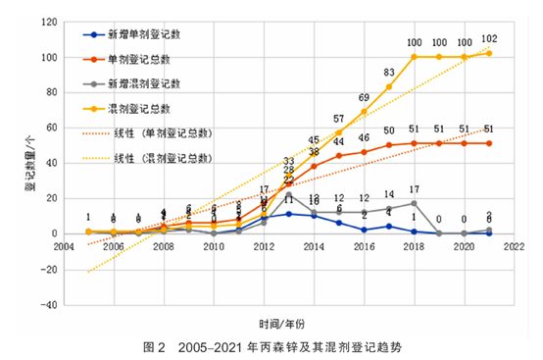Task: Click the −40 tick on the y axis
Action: [47, 304]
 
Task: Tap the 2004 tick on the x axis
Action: [64, 247]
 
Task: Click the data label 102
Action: [489, 39]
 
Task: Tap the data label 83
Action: [389, 73]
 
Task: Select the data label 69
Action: [364, 98]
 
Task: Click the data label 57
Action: [339, 119]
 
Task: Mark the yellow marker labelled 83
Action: [389, 87]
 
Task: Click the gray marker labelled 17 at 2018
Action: [414, 203]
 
